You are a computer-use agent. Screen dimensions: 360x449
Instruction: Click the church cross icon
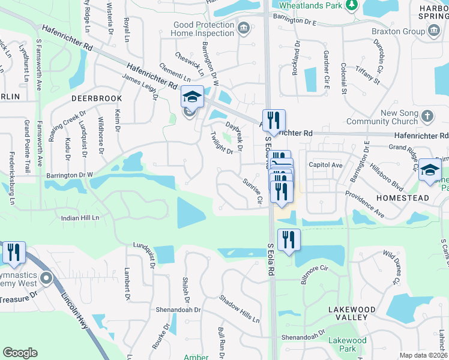pos(427,116)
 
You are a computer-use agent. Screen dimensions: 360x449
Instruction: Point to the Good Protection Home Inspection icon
pos(244,29)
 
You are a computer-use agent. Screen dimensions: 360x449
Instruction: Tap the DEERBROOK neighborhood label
pos(96,98)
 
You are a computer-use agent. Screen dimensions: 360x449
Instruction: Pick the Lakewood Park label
pos(348,344)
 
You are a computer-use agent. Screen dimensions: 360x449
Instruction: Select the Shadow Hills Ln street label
pos(239,309)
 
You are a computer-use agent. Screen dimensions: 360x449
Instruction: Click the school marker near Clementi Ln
pos(191,96)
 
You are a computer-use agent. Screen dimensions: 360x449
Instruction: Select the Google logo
pos(20,353)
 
